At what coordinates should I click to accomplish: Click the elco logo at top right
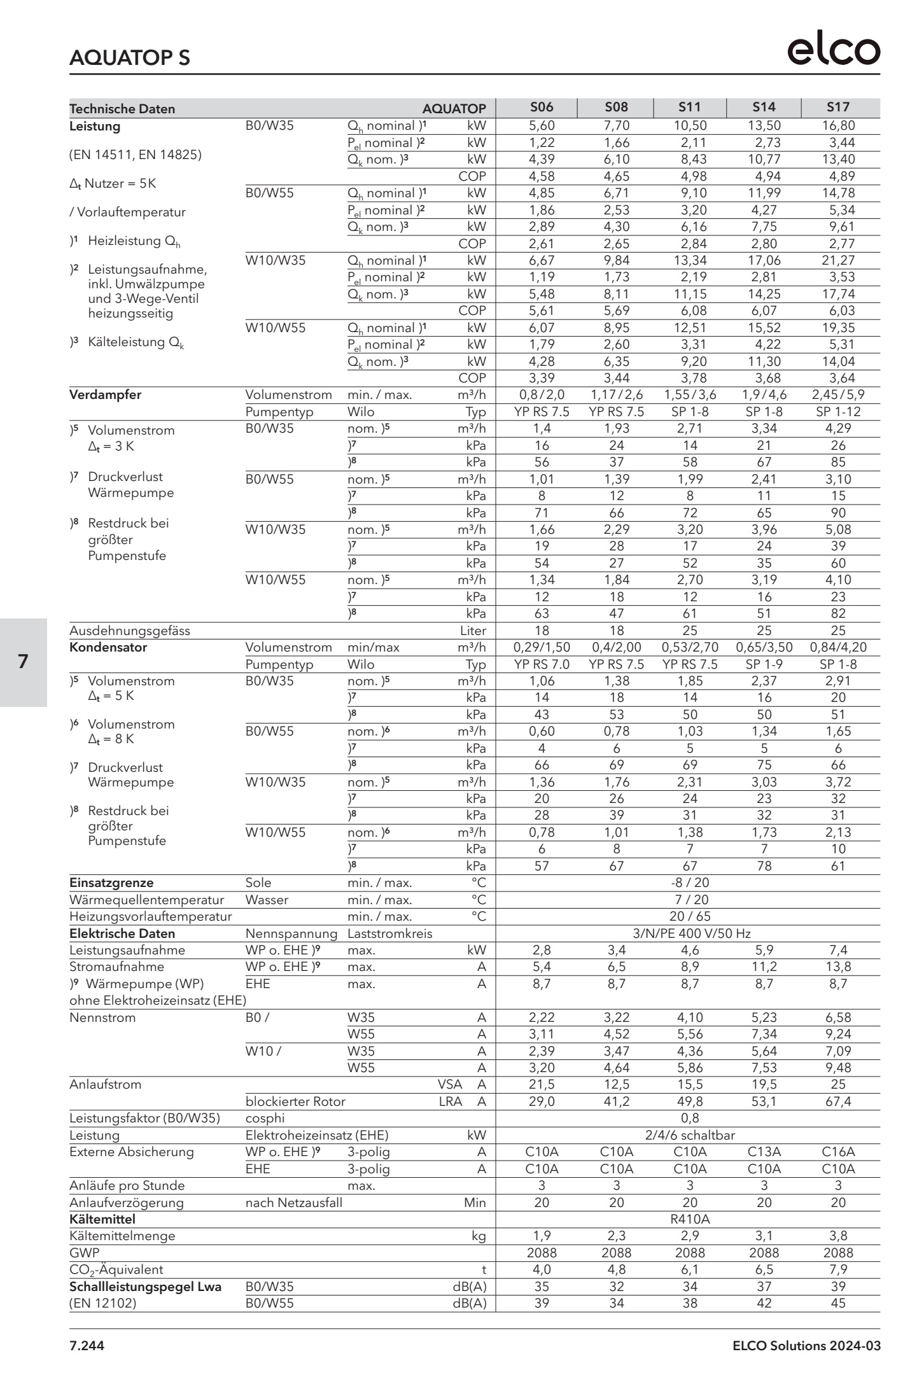point(834,50)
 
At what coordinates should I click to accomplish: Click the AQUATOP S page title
point(129,58)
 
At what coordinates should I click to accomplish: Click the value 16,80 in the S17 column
point(838,126)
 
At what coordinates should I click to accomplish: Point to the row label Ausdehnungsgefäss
point(129,631)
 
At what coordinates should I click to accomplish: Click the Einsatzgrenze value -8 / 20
point(690,883)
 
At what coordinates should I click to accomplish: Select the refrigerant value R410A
point(690,1219)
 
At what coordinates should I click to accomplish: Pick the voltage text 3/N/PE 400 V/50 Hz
point(690,933)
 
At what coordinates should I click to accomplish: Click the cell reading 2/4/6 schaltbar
point(690,1135)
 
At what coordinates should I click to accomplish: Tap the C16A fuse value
point(838,1152)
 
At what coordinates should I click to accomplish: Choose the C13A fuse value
point(764,1152)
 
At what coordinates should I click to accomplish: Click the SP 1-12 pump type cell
point(838,412)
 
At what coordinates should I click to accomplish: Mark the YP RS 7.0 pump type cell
point(542,664)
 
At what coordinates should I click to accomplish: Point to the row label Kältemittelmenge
point(122,1236)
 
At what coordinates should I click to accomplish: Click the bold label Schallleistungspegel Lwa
point(145,1287)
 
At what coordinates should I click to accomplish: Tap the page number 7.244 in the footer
point(87,1346)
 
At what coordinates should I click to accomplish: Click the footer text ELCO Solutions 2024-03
point(806,1346)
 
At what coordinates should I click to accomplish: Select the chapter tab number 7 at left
point(24,662)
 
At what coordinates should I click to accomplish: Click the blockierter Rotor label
point(295,1101)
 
